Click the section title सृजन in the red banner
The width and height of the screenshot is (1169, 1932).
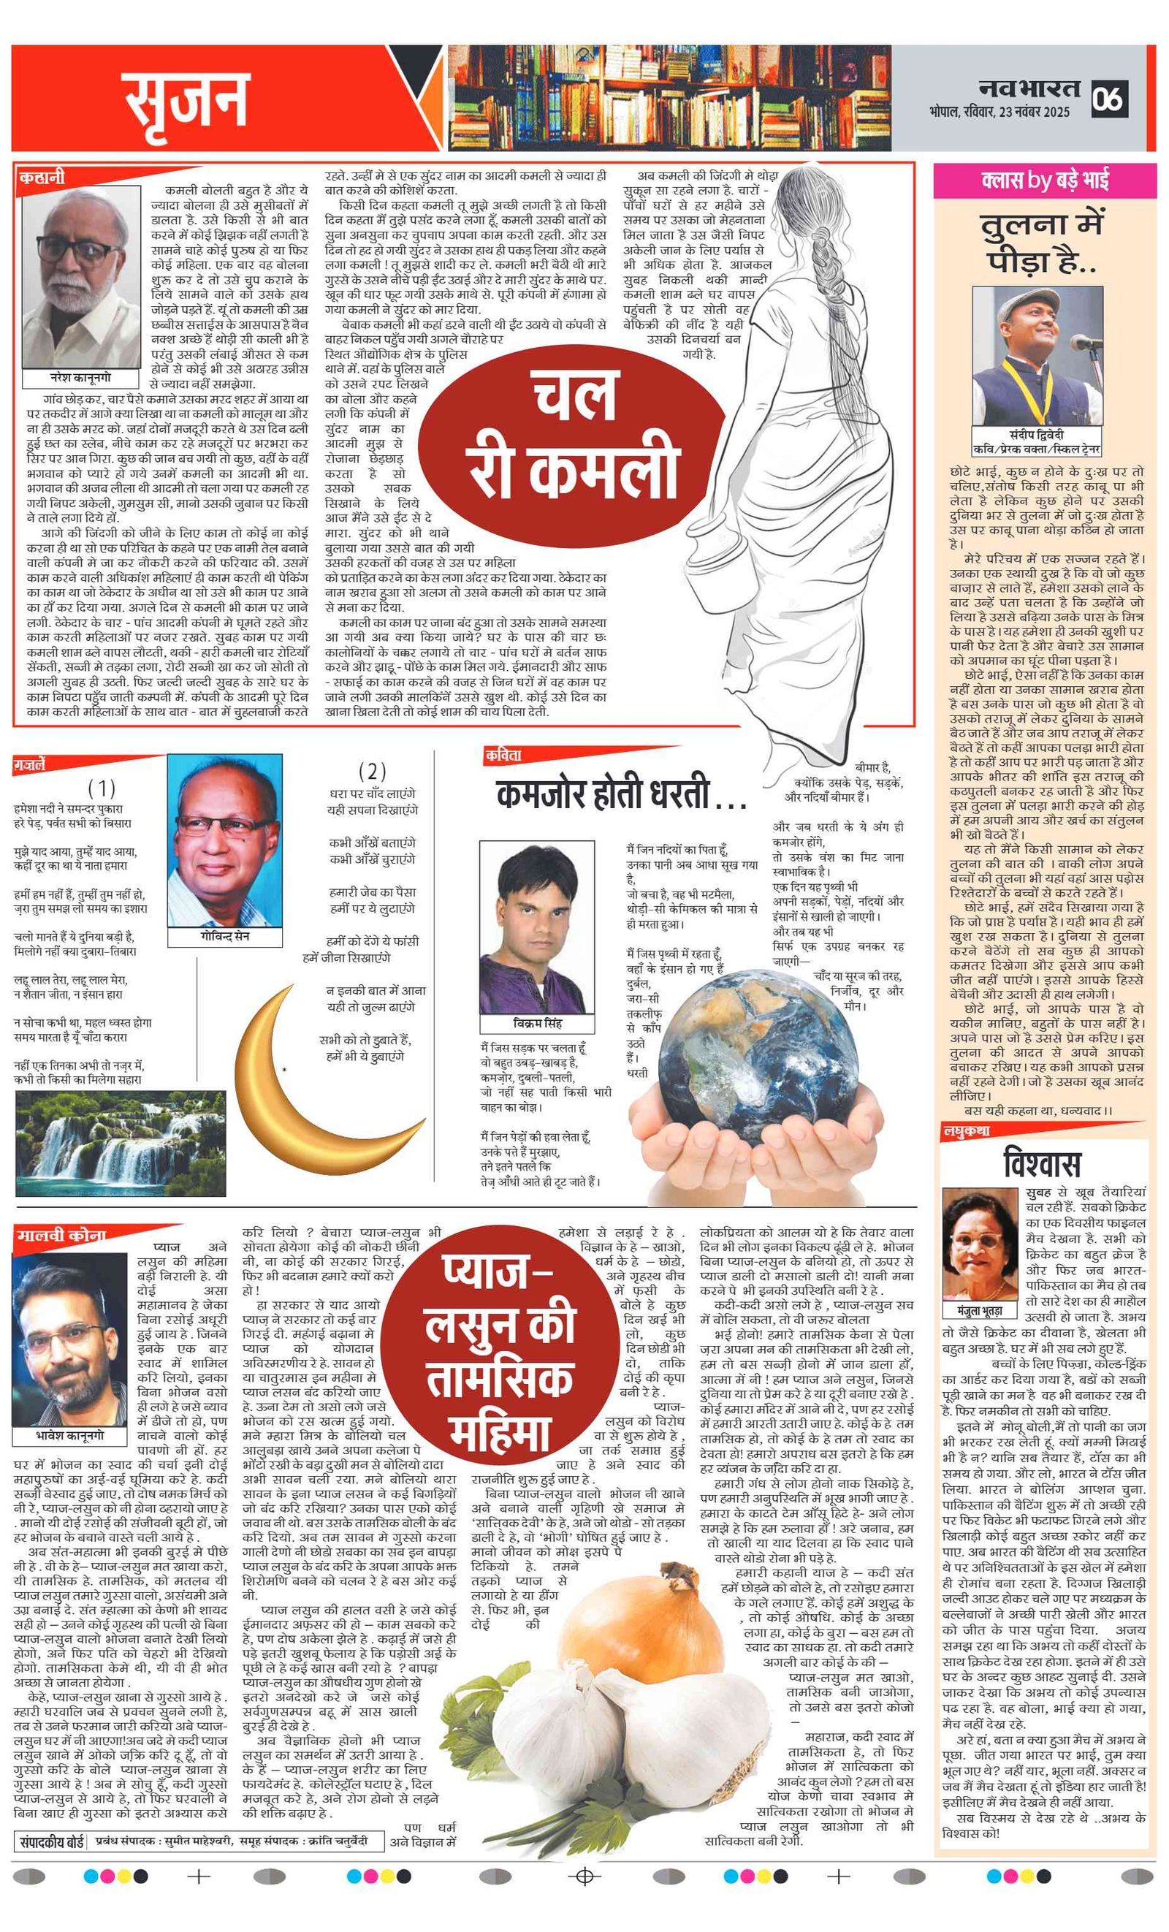tap(186, 99)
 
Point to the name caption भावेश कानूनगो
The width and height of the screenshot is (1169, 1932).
tap(70, 1436)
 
